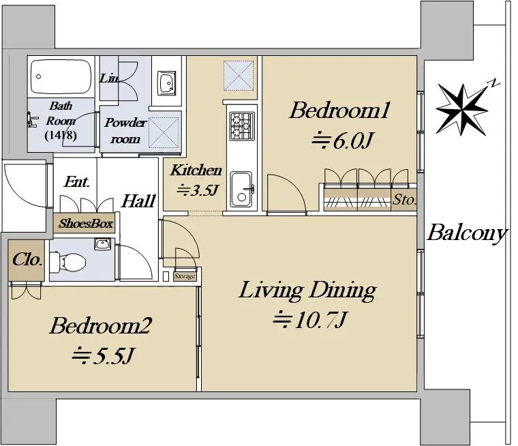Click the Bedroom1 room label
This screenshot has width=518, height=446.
(339, 110)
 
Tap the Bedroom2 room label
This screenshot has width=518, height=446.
(101, 326)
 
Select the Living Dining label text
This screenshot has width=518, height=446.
(307, 291)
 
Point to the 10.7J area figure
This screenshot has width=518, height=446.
(309, 320)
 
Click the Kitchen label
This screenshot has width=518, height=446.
(196, 170)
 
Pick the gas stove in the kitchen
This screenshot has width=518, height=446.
(242, 126)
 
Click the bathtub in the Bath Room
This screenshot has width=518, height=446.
(61, 76)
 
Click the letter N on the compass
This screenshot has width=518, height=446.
(494, 83)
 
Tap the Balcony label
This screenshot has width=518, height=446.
(467, 233)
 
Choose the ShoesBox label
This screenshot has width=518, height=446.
(86, 224)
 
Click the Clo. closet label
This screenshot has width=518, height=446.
(27, 260)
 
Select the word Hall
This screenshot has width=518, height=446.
(138, 201)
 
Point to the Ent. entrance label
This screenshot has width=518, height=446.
(76, 181)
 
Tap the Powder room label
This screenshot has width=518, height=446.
(125, 130)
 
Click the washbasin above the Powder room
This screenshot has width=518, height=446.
(166, 83)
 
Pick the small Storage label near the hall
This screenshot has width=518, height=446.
(185, 276)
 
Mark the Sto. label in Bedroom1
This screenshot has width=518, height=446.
(404, 199)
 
